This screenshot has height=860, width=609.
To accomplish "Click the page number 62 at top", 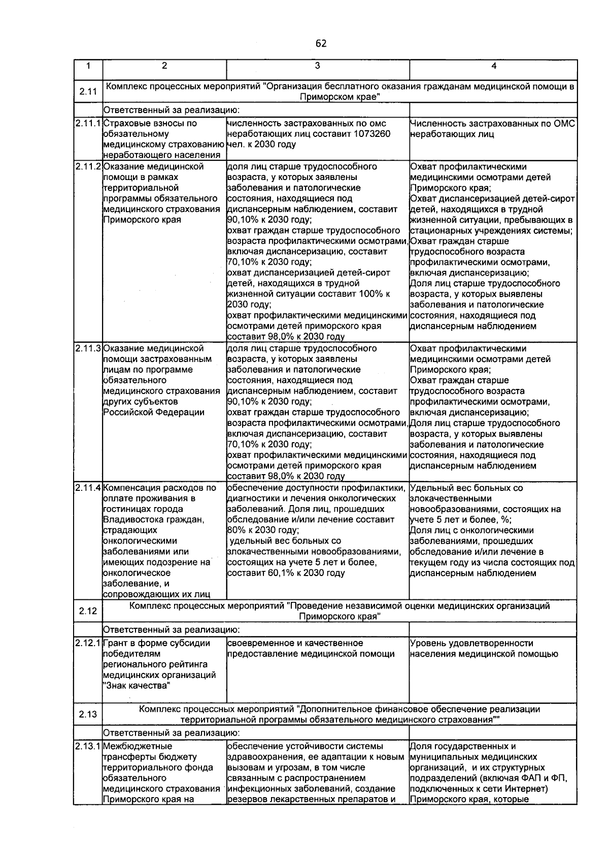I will [x=321, y=44].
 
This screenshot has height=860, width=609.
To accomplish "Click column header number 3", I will [x=317, y=66].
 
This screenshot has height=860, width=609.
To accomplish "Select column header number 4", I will [x=493, y=66].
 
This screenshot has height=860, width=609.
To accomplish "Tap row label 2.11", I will [x=88, y=92].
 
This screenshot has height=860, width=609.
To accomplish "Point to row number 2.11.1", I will [x=88, y=123].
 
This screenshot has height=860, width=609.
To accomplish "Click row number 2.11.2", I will [x=88, y=166].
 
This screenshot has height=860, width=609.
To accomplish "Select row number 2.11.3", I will [x=88, y=348].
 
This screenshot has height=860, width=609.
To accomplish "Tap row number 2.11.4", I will [x=88, y=488].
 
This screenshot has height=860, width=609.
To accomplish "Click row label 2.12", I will [x=88, y=611].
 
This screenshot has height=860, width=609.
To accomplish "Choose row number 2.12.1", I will [x=88, y=643].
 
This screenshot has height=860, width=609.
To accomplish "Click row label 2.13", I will [x=88, y=714].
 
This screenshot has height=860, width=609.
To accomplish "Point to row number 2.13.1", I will [x=88, y=746].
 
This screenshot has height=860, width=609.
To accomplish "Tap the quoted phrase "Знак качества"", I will [x=137, y=686].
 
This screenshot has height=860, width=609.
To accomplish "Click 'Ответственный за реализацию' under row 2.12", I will [x=171, y=630].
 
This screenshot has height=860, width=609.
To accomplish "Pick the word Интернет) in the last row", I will [x=528, y=789].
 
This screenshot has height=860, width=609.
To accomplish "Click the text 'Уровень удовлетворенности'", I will [x=471, y=643].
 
